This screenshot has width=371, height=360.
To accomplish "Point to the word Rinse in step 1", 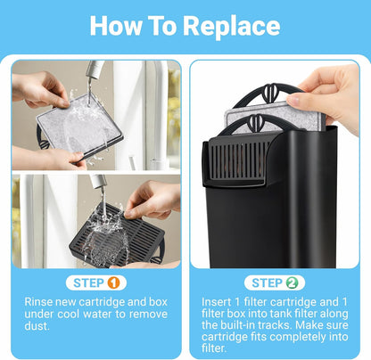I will [42, 304].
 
